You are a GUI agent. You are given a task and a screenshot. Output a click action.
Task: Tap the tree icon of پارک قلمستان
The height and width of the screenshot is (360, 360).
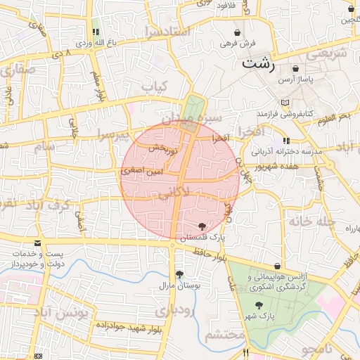pyautogui.click(x=202, y=226)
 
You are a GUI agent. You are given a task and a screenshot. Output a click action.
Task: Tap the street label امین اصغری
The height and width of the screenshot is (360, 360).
pyautogui.click(x=142, y=171)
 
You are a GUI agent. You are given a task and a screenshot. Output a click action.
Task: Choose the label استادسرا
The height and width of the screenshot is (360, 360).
pyautogui.click(x=166, y=32)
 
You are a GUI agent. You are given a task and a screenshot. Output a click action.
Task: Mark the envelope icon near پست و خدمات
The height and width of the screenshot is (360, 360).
pyautogui.click(x=37, y=243)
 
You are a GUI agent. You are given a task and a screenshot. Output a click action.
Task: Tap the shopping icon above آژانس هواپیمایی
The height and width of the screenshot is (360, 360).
pyautogui.click(x=278, y=266)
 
